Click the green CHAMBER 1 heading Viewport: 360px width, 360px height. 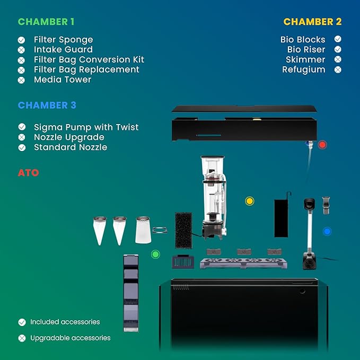pos(46,22)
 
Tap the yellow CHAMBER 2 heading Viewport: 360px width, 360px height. pos(312,22)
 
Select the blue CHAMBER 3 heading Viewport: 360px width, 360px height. pos(47,106)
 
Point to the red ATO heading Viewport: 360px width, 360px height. pos(29,173)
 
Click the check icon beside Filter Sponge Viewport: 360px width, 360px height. pos(21,40)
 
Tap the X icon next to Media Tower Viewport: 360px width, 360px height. pos(21,80)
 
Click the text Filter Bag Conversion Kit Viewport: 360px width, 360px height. pos(89,60)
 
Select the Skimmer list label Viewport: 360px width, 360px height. pos(305,60)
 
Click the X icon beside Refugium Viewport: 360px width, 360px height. pos(338,69)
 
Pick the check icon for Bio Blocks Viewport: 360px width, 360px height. pos(338,39)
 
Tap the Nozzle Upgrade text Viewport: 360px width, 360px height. pos(69,137)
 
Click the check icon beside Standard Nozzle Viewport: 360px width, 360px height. pos(22,147)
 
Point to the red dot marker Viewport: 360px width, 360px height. pos(322,145)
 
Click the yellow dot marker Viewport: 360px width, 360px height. pos(250,201)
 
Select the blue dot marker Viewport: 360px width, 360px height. pos(327,231)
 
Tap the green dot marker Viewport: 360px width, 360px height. pos(155,254)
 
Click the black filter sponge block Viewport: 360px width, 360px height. pos(183,230)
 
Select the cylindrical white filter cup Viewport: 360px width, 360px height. pos(143,230)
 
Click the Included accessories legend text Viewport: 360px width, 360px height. pos(65,322)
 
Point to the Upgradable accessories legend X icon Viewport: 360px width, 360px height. pos(22,338)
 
